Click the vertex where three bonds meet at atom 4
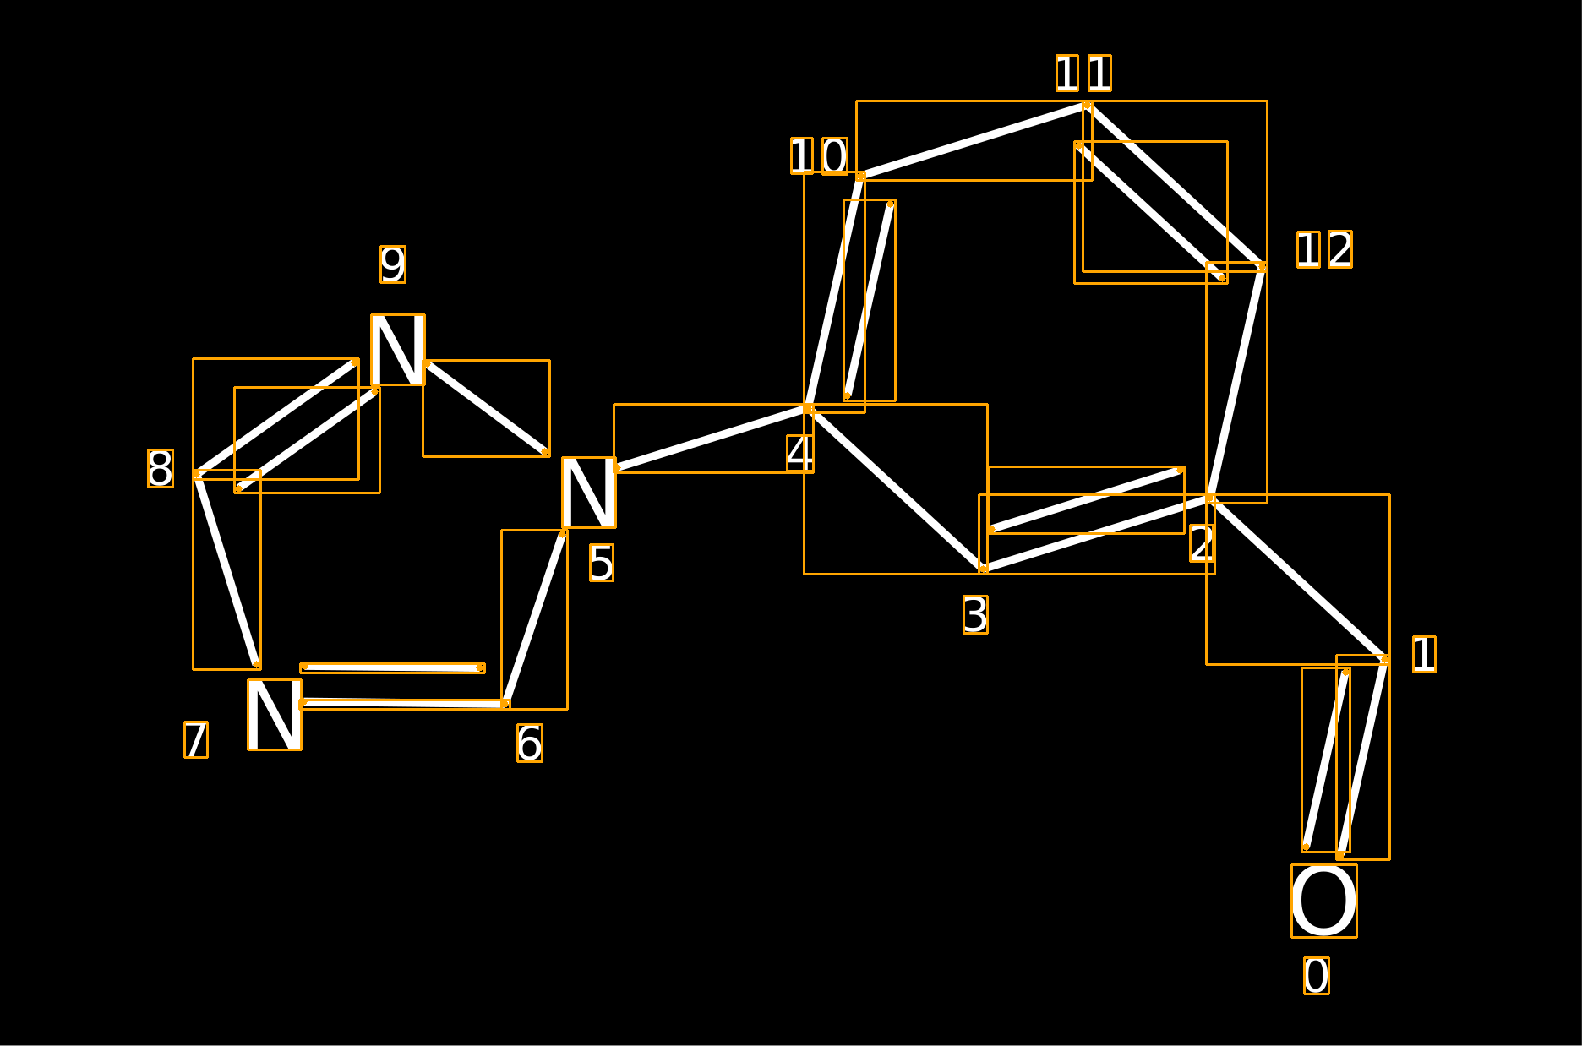pos(808,408)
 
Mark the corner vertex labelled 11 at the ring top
pos(1087,106)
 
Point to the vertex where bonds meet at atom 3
pos(983,569)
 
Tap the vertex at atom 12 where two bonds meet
pos(1262,267)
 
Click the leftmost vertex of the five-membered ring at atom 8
pos(197,475)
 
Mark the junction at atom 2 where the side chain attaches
pos(1210,498)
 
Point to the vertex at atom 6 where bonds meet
pos(505,704)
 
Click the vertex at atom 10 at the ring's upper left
pos(860,176)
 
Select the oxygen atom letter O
pos(1324,901)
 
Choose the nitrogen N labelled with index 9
pos(398,350)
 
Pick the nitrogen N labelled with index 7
pos(275,715)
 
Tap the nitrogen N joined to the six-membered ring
pos(589,493)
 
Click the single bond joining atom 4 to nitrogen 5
pos(712,438)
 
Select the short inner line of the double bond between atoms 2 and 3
pos(1086,499)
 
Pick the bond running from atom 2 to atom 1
pos(1297,579)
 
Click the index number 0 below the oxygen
pos(1317,976)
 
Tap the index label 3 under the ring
pos(975,614)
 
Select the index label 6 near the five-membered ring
pos(530,743)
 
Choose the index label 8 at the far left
pos(161,468)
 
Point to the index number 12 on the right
pos(1324,249)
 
